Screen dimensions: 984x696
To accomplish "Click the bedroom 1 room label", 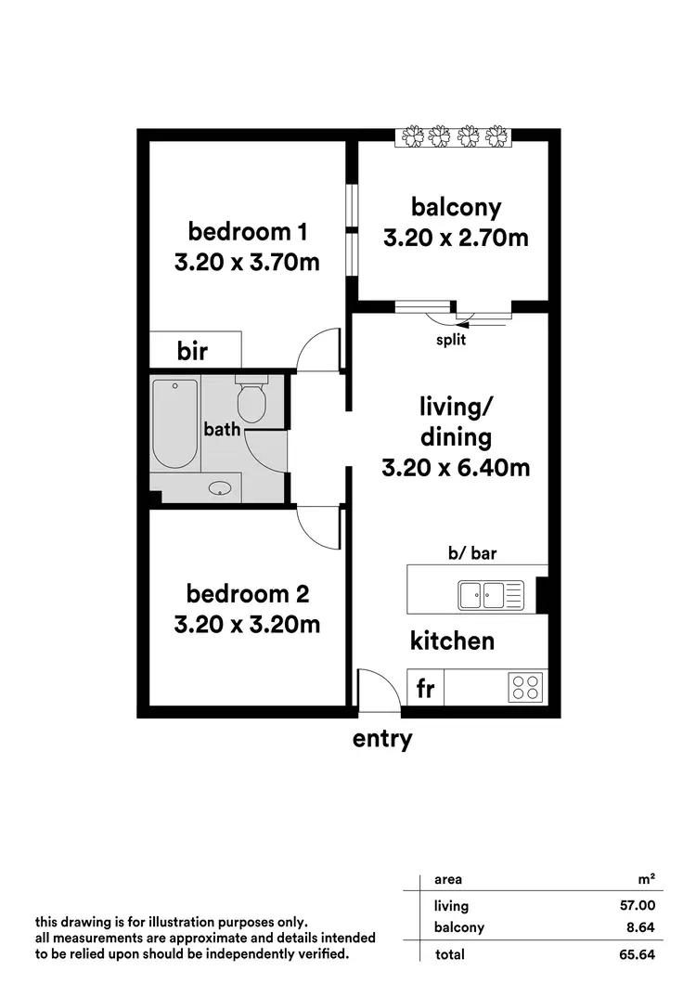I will (x=248, y=230).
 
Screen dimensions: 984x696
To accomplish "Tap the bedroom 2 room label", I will (x=247, y=593).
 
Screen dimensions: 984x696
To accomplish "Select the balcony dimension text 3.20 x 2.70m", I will (x=456, y=239).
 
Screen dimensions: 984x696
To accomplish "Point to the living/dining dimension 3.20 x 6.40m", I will (x=456, y=468).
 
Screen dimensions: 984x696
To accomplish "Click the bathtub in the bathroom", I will (x=175, y=423).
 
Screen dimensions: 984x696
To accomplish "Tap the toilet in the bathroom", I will (x=251, y=401).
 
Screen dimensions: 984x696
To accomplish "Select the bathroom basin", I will (x=221, y=487).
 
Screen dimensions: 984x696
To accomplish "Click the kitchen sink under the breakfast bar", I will (x=491, y=593).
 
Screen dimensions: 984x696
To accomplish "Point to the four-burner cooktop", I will (x=524, y=687).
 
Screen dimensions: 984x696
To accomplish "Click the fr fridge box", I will (x=426, y=689).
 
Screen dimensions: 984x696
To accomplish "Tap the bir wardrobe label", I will (x=192, y=352).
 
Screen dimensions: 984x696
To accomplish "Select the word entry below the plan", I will (x=381, y=740).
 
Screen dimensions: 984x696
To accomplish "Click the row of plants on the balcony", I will (x=455, y=136).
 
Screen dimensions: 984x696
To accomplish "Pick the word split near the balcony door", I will (x=451, y=340).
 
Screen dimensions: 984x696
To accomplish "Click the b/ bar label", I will (x=472, y=554).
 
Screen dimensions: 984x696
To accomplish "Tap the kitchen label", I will (x=452, y=641).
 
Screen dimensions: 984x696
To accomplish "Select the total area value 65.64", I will (x=637, y=953).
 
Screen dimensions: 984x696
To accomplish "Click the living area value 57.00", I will (x=638, y=905).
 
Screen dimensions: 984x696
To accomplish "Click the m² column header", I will (x=647, y=879).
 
